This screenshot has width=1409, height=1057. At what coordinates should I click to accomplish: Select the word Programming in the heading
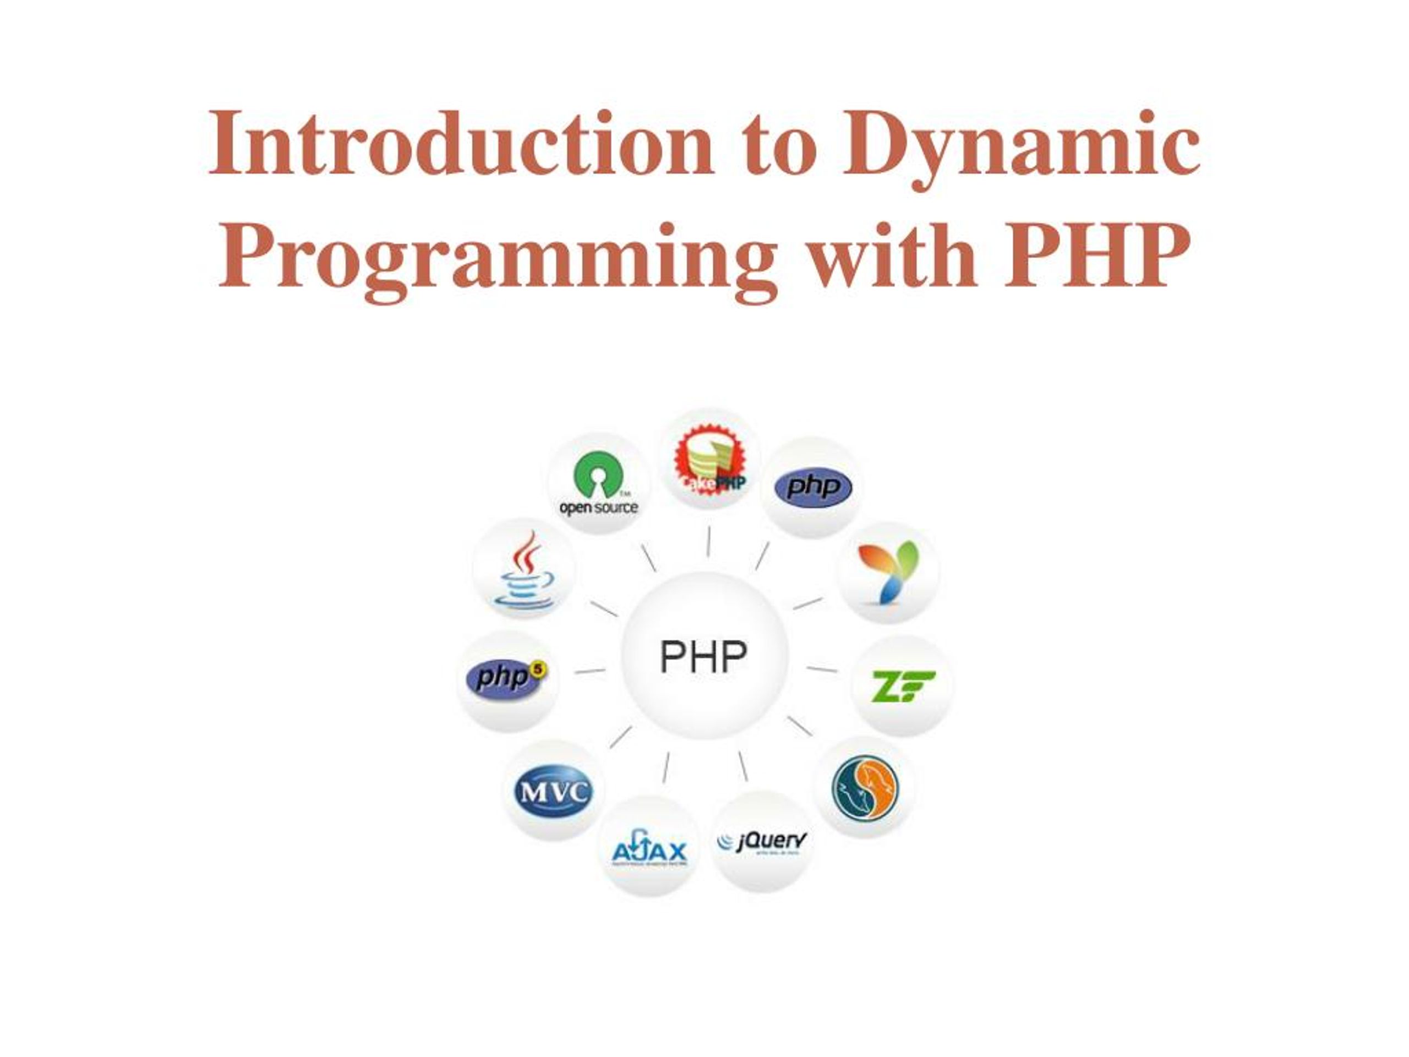click(497, 258)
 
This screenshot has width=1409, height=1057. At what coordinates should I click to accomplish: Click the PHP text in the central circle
click(703, 657)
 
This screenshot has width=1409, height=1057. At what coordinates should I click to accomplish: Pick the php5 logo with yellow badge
click(506, 677)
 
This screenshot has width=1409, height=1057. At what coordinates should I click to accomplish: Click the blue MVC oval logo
click(553, 792)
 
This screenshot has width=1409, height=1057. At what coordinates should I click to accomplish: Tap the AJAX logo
click(649, 849)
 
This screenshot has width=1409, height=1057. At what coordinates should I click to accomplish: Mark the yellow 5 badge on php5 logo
click(538, 669)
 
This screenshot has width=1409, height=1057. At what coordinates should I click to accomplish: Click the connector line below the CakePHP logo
click(708, 542)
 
